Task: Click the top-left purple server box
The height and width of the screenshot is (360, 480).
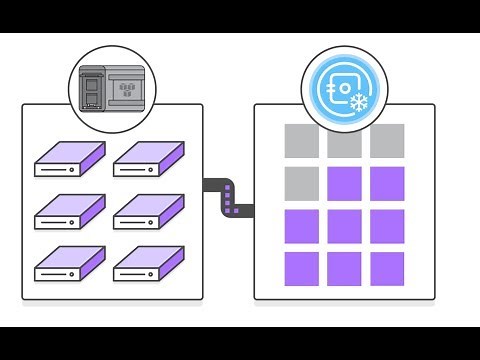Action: [x=69, y=159]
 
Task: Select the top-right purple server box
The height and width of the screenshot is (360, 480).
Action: [x=149, y=159]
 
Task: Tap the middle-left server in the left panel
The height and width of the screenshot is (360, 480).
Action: [x=69, y=212]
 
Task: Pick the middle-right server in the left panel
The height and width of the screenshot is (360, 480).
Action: [x=149, y=212]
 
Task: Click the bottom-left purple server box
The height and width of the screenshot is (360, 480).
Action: [x=69, y=264]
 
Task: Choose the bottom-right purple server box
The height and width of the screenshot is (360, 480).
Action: [x=149, y=264]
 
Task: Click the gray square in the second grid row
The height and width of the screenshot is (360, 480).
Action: [x=302, y=184]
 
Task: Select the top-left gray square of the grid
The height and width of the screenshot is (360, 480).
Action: [x=302, y=141]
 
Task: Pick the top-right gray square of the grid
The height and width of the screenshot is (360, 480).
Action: [x=387, y=141]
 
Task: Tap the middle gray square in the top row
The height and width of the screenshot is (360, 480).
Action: [x=344, y=141]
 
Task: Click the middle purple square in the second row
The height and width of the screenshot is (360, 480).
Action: [x=344, y=184]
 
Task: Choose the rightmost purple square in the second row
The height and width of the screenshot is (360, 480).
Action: [x=387, y=184]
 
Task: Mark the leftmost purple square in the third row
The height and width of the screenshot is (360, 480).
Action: [x=302, y=226]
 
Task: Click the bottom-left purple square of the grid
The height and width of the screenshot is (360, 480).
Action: [x=302, y=268]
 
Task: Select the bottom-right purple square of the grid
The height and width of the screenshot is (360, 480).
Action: [x=387, y=268]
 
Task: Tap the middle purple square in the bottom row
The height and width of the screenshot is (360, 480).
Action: [x=344, y=268]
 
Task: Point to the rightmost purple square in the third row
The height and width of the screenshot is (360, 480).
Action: [x=387, y=226]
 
